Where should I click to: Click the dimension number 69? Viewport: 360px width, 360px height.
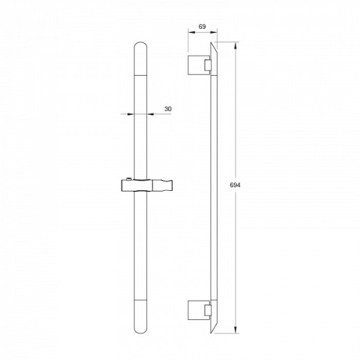tap(202, 26)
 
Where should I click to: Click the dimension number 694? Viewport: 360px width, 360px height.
tap(235, 185)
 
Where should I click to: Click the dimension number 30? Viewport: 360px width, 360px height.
tap(168, 109)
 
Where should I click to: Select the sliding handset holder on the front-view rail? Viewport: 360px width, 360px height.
tap(147, 185)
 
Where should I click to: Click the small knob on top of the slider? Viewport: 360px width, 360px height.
tap(129, 179)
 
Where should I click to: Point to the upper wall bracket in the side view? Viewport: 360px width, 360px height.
tap(199, 65)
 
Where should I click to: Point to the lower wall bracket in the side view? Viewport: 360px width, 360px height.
tap(199, 310)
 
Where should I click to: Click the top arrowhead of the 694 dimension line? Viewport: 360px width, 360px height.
tap(235, 46)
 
